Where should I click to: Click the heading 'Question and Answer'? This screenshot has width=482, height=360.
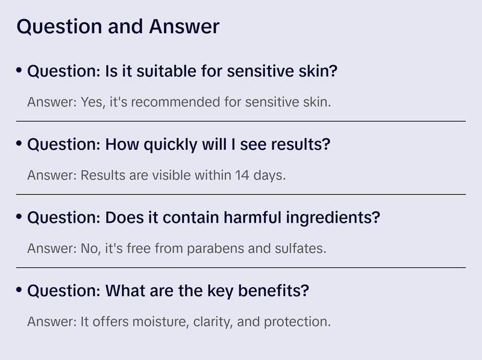117,26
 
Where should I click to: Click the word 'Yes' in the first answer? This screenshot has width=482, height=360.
89,102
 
